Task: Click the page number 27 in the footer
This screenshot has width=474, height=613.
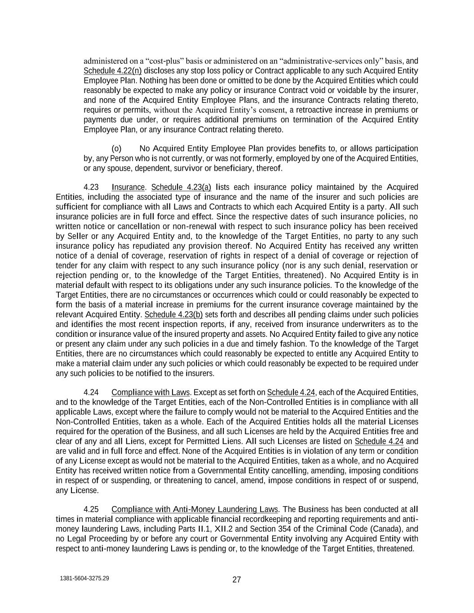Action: click(x=237, y=579)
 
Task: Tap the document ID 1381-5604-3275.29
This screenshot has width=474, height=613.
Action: click(x=84, y=578)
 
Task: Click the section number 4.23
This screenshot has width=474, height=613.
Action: click(x=91, y=187)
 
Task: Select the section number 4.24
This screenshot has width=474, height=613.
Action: click(x=91, y=392)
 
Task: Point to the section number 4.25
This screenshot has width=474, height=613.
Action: click(x=91, y=509)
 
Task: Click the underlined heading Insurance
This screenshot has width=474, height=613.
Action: click(x=128, y=187)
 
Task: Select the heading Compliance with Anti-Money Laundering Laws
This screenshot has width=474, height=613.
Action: click(x=195, y=509)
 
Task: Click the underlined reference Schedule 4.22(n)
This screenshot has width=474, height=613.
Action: click(x=113, y=71)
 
